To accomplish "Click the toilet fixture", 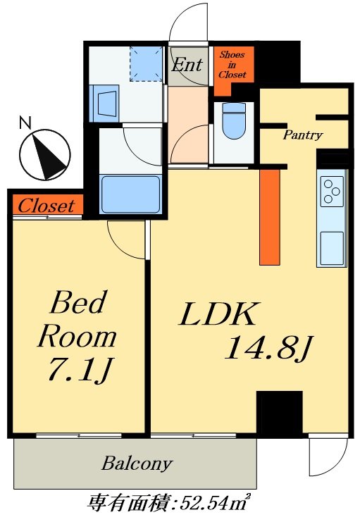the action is [x=234, y=120].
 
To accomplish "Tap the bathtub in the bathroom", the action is [x=130, y=194].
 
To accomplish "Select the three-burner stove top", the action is [x=331, y=192].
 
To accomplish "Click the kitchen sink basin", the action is [x=332, y=248].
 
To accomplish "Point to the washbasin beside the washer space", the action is [x=106, y=104].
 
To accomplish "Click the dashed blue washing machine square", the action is [x=147, y=63].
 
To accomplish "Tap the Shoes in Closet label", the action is [x=232, y=65].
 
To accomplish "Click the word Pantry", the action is [x=303, y=135].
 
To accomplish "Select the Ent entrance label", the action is [x=187, y=64].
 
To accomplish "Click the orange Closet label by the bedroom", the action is [x=46, y=206].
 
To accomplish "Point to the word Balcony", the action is [x=137, y=463].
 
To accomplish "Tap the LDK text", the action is [x=218, y=314].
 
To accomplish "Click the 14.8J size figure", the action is [x=268, y=348].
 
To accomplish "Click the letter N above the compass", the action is [x=25, y=123].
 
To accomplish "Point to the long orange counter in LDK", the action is [x=270, y=217].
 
